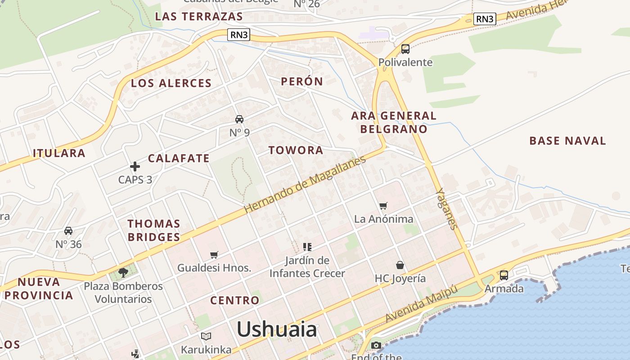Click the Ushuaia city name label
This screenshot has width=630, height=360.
click(277, 330)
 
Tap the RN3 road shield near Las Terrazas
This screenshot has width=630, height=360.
click(238, 35)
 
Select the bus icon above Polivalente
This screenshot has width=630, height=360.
click(405, 49)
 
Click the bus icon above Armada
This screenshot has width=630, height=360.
click(504, 275)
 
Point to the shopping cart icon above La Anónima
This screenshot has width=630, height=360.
click(383, 206)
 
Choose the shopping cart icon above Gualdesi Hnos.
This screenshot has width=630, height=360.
click(214, 255)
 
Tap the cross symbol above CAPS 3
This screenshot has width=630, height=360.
click(135, 166)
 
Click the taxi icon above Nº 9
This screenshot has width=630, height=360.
click(239, 119)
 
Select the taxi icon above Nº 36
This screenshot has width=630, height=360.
click(68, 231)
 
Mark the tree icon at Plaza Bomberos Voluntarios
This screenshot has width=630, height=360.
click(123, 272)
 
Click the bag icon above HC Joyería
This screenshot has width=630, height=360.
click(400, 265)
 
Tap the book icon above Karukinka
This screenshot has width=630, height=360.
click(206, 336)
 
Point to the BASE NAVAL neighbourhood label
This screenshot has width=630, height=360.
click(567, 140)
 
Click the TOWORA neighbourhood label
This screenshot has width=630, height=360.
click(296, 150)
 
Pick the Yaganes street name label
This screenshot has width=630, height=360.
click(447, 208)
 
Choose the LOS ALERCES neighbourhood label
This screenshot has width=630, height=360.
click(171, 83)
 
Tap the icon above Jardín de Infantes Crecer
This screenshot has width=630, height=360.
click(307, 247)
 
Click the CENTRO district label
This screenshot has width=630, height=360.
click(234, 300)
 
